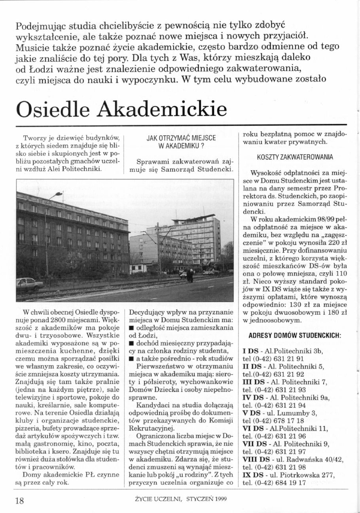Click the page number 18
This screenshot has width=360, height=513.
(20, 500)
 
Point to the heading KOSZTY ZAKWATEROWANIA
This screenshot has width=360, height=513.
(295, 157)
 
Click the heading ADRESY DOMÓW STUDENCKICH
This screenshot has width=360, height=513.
(295, 336)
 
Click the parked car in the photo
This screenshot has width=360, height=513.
(29, 284)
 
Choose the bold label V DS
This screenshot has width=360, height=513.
(252, 402)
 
